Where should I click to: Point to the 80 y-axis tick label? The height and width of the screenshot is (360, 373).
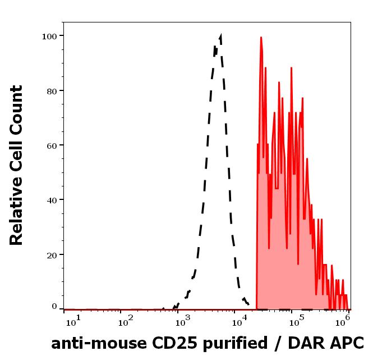(x=51, y=90)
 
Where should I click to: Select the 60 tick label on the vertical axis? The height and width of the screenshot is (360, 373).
(x=51, y=145)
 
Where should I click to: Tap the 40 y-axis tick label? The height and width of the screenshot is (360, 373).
(x=51, y=199)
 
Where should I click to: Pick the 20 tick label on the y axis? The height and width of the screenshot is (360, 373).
(x=51, y=254)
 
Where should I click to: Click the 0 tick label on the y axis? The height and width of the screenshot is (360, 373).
(x=54, y=307)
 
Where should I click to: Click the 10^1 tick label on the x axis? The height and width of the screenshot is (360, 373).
(x=73, y=321)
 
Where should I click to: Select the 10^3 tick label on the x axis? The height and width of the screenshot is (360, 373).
(x=183, y=321)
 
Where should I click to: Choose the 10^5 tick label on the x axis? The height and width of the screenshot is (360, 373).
(x=293, y=321)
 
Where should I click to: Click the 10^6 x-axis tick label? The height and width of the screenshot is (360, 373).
(x=343, y=321)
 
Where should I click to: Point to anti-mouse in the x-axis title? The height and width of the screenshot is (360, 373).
(x=93, y=343)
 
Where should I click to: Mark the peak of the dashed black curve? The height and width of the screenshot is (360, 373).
(x=220, y=36)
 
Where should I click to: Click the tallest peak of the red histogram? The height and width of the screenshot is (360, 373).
(x=261, y=38)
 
